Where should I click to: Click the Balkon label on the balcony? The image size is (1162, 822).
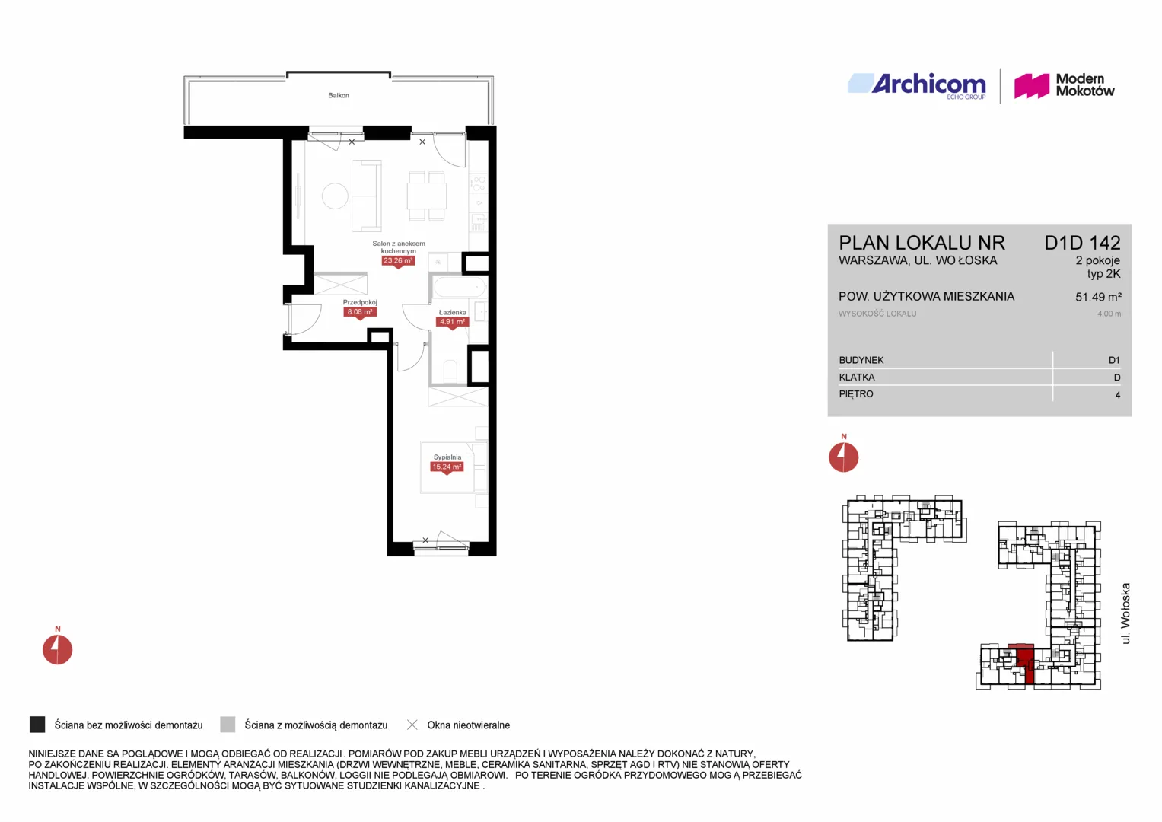click(x=338, y=95)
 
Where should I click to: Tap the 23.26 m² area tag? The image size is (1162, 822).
click(x=398, y=260)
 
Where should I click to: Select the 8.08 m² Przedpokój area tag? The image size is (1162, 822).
click(x=360, y=312)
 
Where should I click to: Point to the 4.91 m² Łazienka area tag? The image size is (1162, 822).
click(x=452, y=322)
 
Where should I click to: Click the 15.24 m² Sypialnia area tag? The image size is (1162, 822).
click(x=447, y=467)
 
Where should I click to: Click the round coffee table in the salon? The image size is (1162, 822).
click(x=335, y=196)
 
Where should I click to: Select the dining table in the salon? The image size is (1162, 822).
click(x=426, y=196)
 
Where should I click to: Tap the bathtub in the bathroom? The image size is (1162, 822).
click(x=460, y=288)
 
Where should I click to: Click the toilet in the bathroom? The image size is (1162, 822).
click(x=450, y=371)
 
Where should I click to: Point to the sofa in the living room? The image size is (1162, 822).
click(x=367, y=196)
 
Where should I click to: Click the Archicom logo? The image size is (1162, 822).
click(x=917, y=85)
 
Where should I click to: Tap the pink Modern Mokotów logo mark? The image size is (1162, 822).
click(x=1031, y=85)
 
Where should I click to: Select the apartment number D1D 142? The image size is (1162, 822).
click(x=1082, y=243)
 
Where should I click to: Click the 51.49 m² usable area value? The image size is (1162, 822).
click(x=1098, y=297)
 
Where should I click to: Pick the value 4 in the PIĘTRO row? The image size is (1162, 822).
click(x=1117, y=395)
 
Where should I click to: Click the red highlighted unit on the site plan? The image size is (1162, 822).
click(x=1025, y=662)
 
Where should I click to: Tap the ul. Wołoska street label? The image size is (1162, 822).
click(x=1125, y=613)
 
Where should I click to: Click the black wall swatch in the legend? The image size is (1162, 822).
click(x=37, y=725)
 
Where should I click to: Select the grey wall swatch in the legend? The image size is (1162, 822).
click(x=228, y=725)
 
